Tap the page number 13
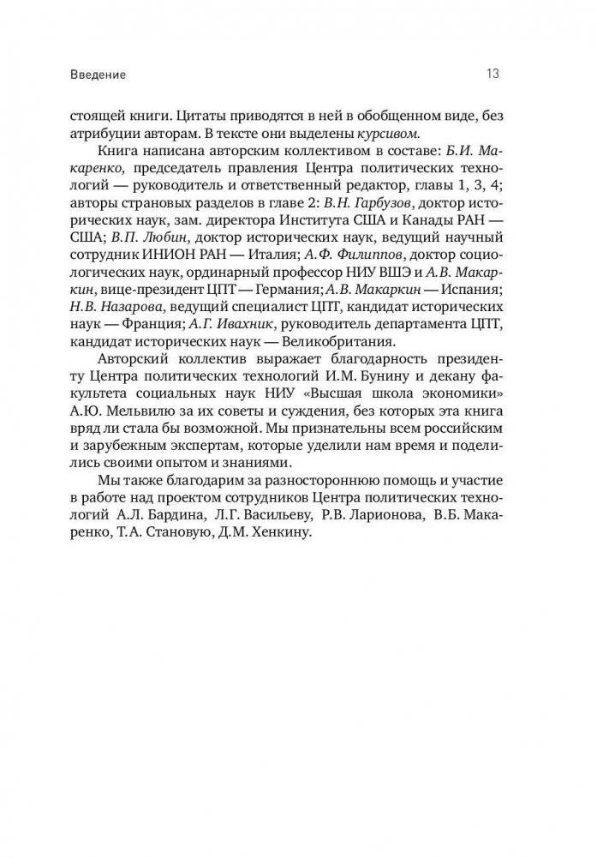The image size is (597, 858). click(493, 74)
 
